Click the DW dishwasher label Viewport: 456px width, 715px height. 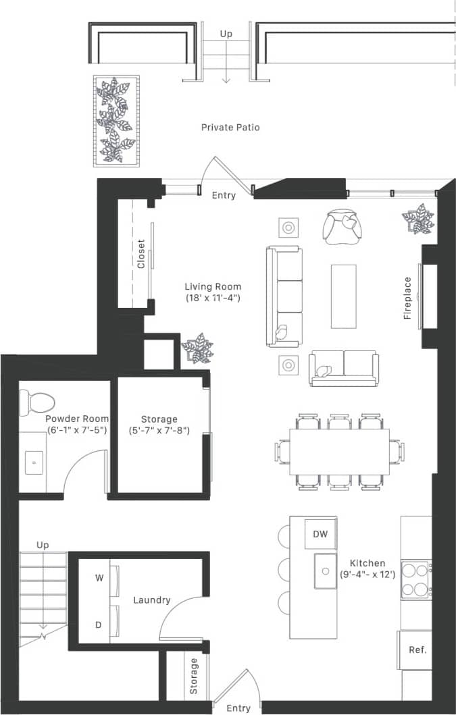[x=320, y=535]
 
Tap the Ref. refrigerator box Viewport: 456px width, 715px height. [x=415, y=650]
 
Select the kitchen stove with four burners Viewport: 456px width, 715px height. [x=416, y=579]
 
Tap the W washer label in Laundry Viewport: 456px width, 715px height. [x=99, y=578]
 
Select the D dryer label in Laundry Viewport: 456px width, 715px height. [x=99, y=625]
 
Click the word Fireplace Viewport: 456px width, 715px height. [x=407, y=298]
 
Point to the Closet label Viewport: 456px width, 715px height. [x=141, y=255]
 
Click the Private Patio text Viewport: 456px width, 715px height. [x=230, y=127]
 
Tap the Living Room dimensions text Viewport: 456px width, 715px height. [x=213, y=298]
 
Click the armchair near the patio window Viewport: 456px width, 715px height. [x=343, y=227]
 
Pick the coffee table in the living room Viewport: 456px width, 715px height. [x=343, y=296]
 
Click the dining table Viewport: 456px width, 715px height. [x=339, y=451]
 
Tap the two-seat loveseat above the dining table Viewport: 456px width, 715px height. [x=343, y=367]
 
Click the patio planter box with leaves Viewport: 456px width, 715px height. [x=116, y=120]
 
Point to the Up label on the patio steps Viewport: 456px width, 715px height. [x=226, y=33]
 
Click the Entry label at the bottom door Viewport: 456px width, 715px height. [x=238, y=708]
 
